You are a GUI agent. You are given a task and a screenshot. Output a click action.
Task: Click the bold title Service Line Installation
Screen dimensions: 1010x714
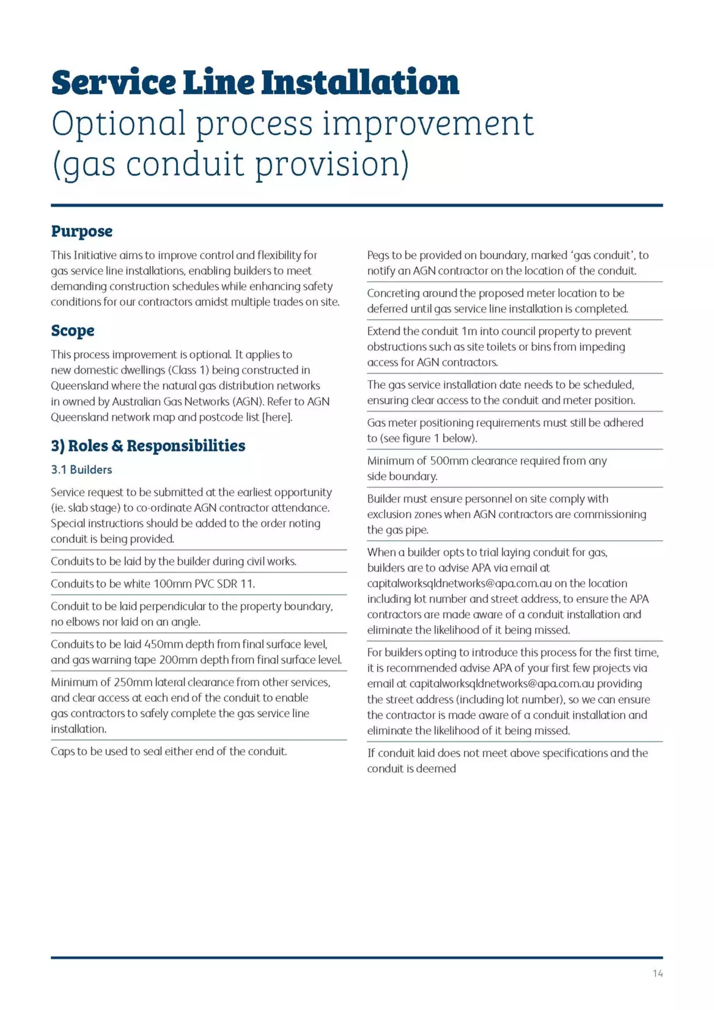click(x=255, y=82)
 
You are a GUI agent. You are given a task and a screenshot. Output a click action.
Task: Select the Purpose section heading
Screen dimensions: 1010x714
click(x=82, y=231)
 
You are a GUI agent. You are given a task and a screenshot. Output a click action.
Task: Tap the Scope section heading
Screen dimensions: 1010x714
click(x=72, y=330)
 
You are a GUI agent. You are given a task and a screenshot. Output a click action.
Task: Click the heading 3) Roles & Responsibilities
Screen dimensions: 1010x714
click(x=148, y=445)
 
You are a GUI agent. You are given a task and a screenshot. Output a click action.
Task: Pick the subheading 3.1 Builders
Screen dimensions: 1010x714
click(x=81, y=470)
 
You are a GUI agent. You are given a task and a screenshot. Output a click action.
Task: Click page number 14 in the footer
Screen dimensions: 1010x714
click(x=657, y=973)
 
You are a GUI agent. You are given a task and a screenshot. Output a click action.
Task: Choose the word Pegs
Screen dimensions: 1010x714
click(x=378, y=255)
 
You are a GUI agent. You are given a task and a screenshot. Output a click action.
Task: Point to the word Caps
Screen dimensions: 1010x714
click(x=62, y=752)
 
